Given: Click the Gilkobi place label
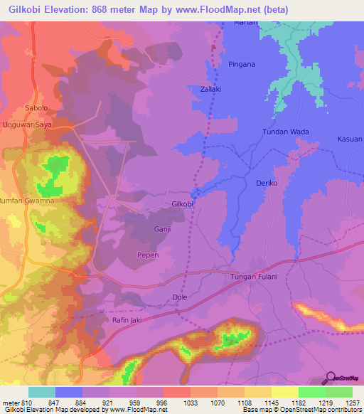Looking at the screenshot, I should point(183,204).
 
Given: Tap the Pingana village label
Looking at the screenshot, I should point(242,64).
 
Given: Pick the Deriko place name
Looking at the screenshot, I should point(265,184).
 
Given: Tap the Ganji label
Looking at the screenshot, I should point(163,229).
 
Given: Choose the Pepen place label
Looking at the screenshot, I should point(148,255).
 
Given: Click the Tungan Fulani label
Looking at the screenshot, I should point(253,276).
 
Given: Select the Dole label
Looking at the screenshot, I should point(179,298).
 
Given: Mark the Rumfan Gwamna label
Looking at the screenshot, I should point(27,201).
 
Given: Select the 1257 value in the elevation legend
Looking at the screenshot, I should point(353,403).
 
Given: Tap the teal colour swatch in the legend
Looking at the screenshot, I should point(42,392).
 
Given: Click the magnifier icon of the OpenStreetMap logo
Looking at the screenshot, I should point(329,377).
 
